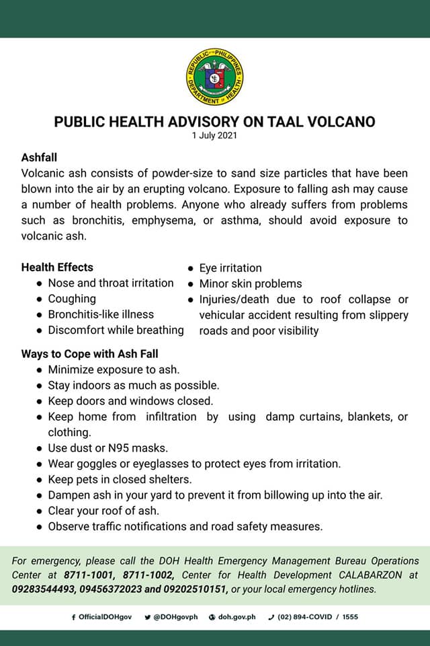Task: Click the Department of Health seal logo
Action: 214,81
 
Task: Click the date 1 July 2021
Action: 214,136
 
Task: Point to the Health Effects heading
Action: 57,267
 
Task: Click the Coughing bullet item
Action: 72,299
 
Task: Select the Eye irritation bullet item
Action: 230,268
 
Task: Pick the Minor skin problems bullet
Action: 251,283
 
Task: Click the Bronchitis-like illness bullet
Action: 101,314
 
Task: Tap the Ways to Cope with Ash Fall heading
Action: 89,353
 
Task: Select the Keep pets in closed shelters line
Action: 120,479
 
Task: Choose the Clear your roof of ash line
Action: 103,511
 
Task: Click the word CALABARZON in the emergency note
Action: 380,575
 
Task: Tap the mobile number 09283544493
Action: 46,589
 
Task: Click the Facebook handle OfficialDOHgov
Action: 103,616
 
